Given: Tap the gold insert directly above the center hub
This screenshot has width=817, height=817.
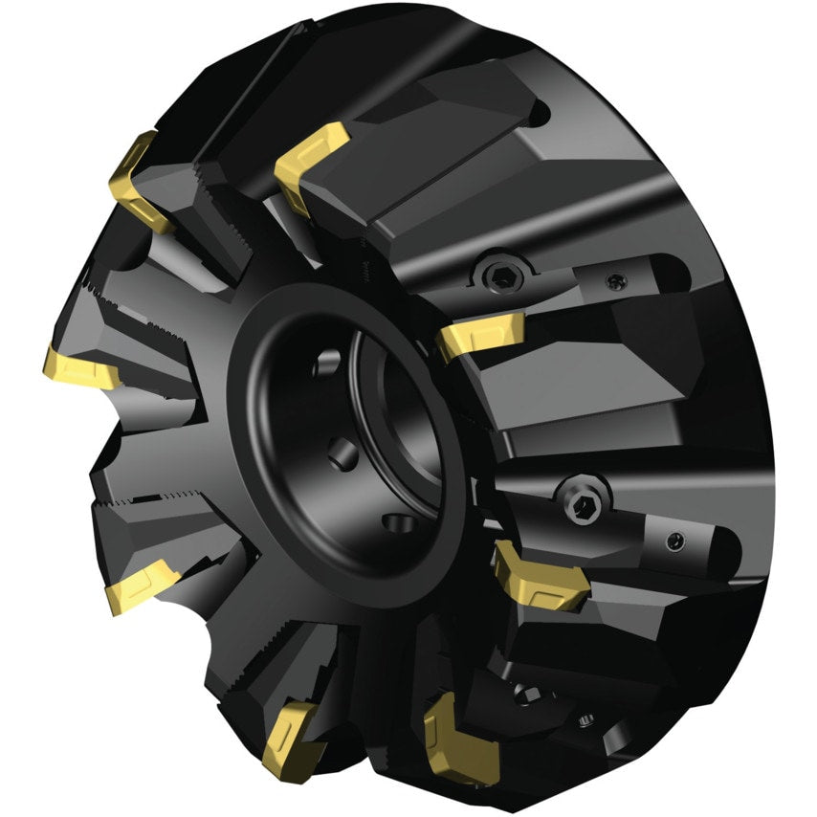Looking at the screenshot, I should [x=311, y=164].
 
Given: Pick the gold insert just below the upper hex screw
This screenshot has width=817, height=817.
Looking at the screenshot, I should [x=479, y=335].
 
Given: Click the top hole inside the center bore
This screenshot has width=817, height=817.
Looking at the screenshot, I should [x=325, y=362].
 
